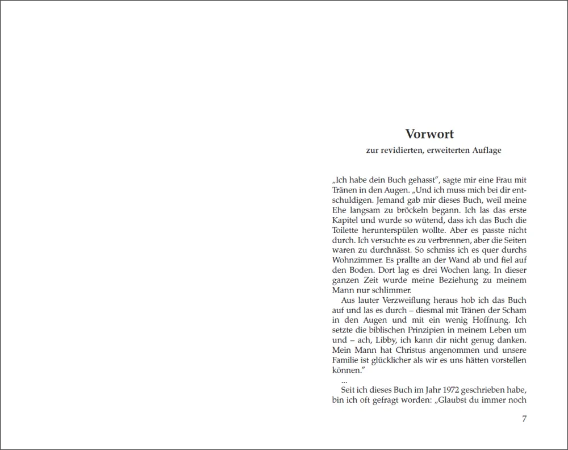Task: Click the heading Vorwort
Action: (429, 135)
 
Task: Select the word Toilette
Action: (346, 231)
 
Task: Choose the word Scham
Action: (515, 310)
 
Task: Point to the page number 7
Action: (524, 419)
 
